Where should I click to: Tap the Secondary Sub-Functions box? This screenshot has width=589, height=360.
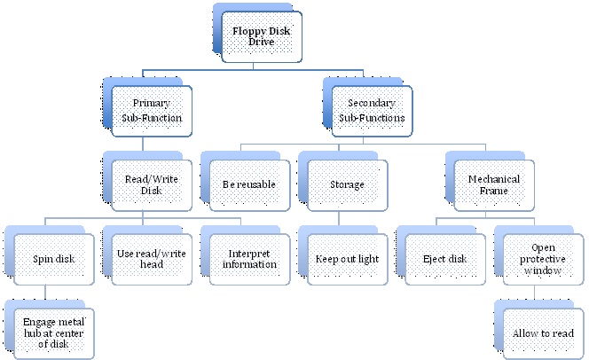coord(373,110)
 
